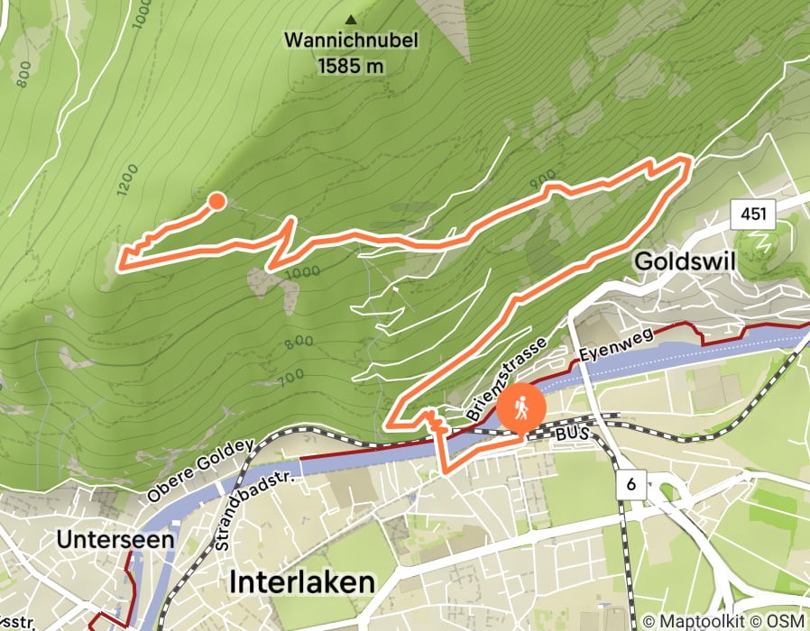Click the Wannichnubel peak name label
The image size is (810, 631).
pyautogui.click(x=351, y=41)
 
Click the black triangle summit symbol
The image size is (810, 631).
pyautogui.click(x=350, y=18)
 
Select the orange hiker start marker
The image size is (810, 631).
pyautogui.click(x=521, y=410)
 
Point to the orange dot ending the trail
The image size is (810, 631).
pyautogui.click(x=216, y=201)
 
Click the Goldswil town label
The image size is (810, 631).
pyautogui.click(x=686, y=261)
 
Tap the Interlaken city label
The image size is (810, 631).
pyautogui.click(x=302, y=581)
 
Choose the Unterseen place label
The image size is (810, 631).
pyautogui.click(x=101, y=539)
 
